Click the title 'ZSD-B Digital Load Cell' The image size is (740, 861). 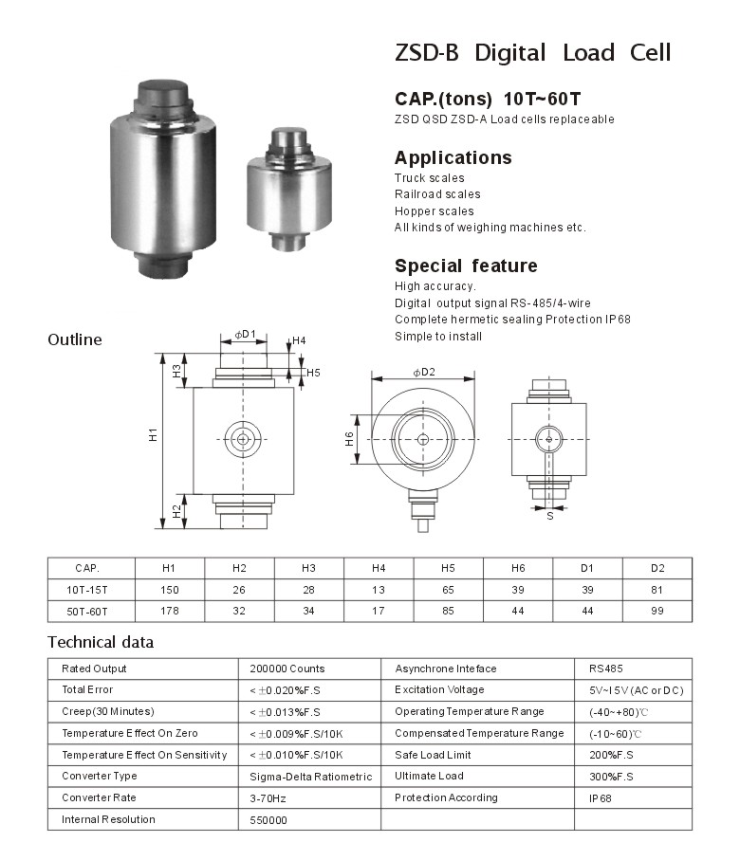click(x=532, y=53)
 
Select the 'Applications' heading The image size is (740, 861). click(x=453, y=157)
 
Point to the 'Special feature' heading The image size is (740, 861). click(x=466, y=266)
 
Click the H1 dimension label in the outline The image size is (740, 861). click(x=152, y=436)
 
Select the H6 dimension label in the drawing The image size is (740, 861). click(x=349, y=438)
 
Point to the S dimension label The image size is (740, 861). click(x=549, y=517)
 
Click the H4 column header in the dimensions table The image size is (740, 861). click(x=379, y=568)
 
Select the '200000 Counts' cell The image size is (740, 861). click(x=287, y=669)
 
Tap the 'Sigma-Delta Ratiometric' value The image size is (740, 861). click(x=310, y=777)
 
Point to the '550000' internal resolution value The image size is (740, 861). click(x=268, y=820)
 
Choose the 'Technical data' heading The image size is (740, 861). click(x=100, y=642)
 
